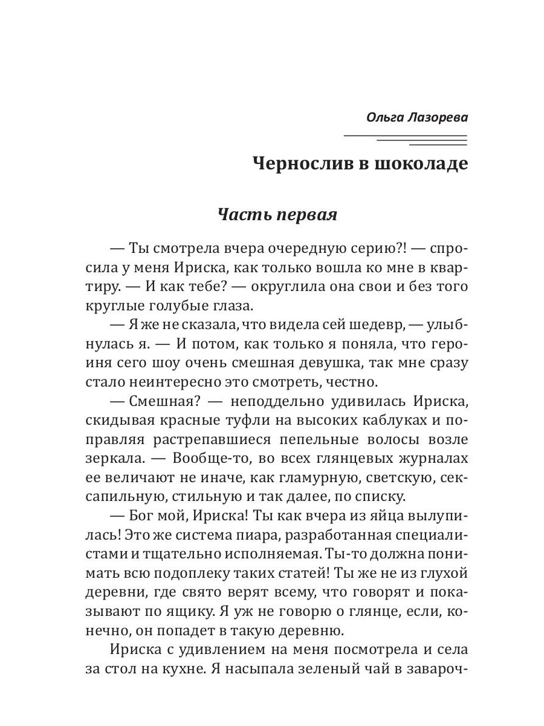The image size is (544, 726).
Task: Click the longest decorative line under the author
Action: (x=405, y=135)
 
